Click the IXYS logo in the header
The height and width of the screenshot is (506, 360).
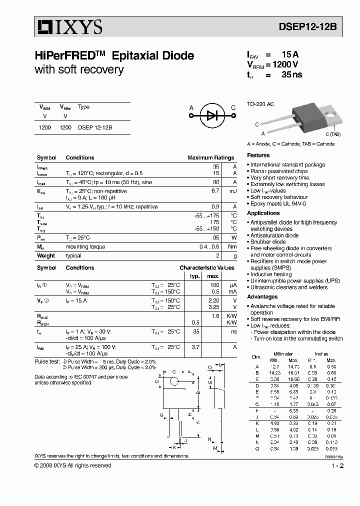click(x=68, y=26)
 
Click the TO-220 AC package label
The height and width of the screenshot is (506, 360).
click(x=260, y=104)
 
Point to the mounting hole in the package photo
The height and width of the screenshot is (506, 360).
click(x=330, y=113)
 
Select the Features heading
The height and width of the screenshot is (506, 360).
click(x=258, y=155)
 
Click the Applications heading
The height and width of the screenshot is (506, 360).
click(x=263, y=213)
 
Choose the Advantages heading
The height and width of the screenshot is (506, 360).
click(x=262, y=296)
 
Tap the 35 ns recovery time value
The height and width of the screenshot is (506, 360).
click(x=291, y=75)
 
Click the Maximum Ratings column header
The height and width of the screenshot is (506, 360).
click(x=210, y=157)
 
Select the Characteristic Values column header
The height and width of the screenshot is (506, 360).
click(x=207, y=267)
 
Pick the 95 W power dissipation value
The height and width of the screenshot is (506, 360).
click(x=216, y=237)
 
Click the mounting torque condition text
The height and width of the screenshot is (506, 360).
click(x=85, y=246)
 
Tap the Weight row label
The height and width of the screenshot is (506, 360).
click(x=46, y=255)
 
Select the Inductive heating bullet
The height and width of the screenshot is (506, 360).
click(x=270, y=274)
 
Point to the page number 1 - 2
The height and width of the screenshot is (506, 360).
click(x=337, y=465)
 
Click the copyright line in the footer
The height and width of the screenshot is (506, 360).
click(x=73, y=465)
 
